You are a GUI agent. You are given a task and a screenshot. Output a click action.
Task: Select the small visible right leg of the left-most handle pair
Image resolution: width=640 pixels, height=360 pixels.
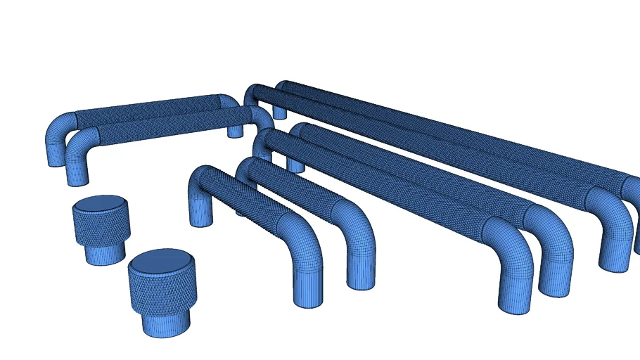(235, 131)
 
